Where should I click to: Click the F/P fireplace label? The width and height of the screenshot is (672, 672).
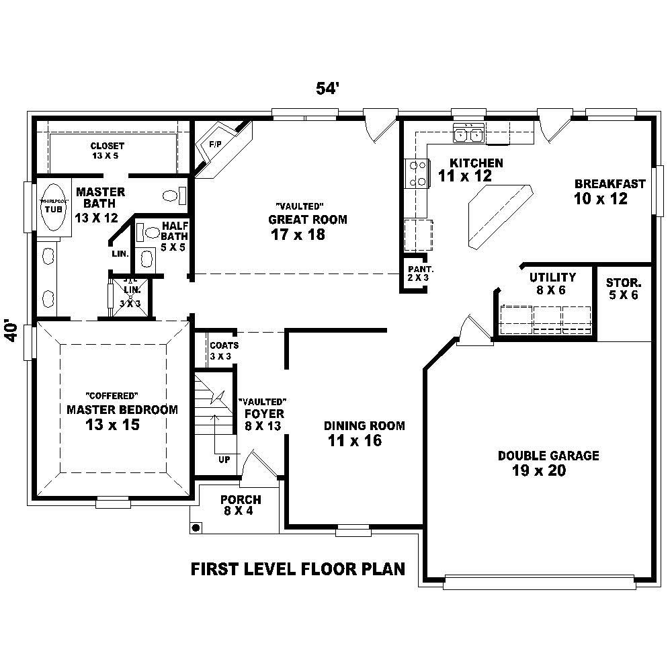215,144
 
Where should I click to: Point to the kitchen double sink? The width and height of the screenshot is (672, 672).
469,134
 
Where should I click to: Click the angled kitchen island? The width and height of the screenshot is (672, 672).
498,215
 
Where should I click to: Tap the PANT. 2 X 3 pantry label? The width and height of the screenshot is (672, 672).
415,273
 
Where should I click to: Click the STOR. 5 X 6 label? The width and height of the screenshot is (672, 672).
623,288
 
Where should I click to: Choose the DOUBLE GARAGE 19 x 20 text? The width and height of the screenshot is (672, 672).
548,463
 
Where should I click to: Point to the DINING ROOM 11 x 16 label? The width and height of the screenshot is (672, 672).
364,433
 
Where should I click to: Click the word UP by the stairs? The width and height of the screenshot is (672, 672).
224,460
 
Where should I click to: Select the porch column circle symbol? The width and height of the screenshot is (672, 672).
196,528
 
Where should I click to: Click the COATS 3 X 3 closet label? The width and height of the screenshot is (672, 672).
224,350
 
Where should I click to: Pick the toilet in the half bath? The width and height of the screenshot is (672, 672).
152,233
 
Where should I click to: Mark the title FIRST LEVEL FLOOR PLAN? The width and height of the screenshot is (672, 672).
298,569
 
